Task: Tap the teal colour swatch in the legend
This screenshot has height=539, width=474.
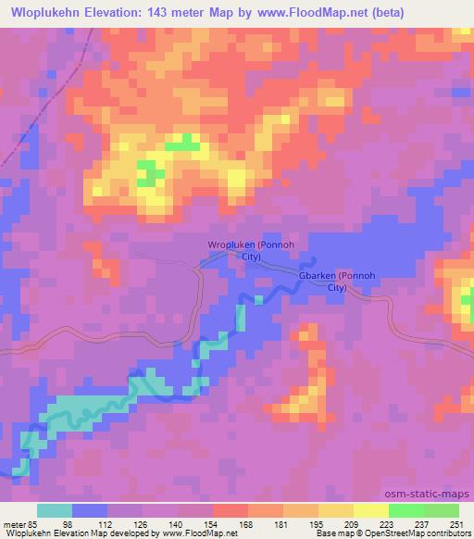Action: (x=55, y=511)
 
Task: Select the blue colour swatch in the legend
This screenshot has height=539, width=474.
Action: (x=90, y=511)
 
